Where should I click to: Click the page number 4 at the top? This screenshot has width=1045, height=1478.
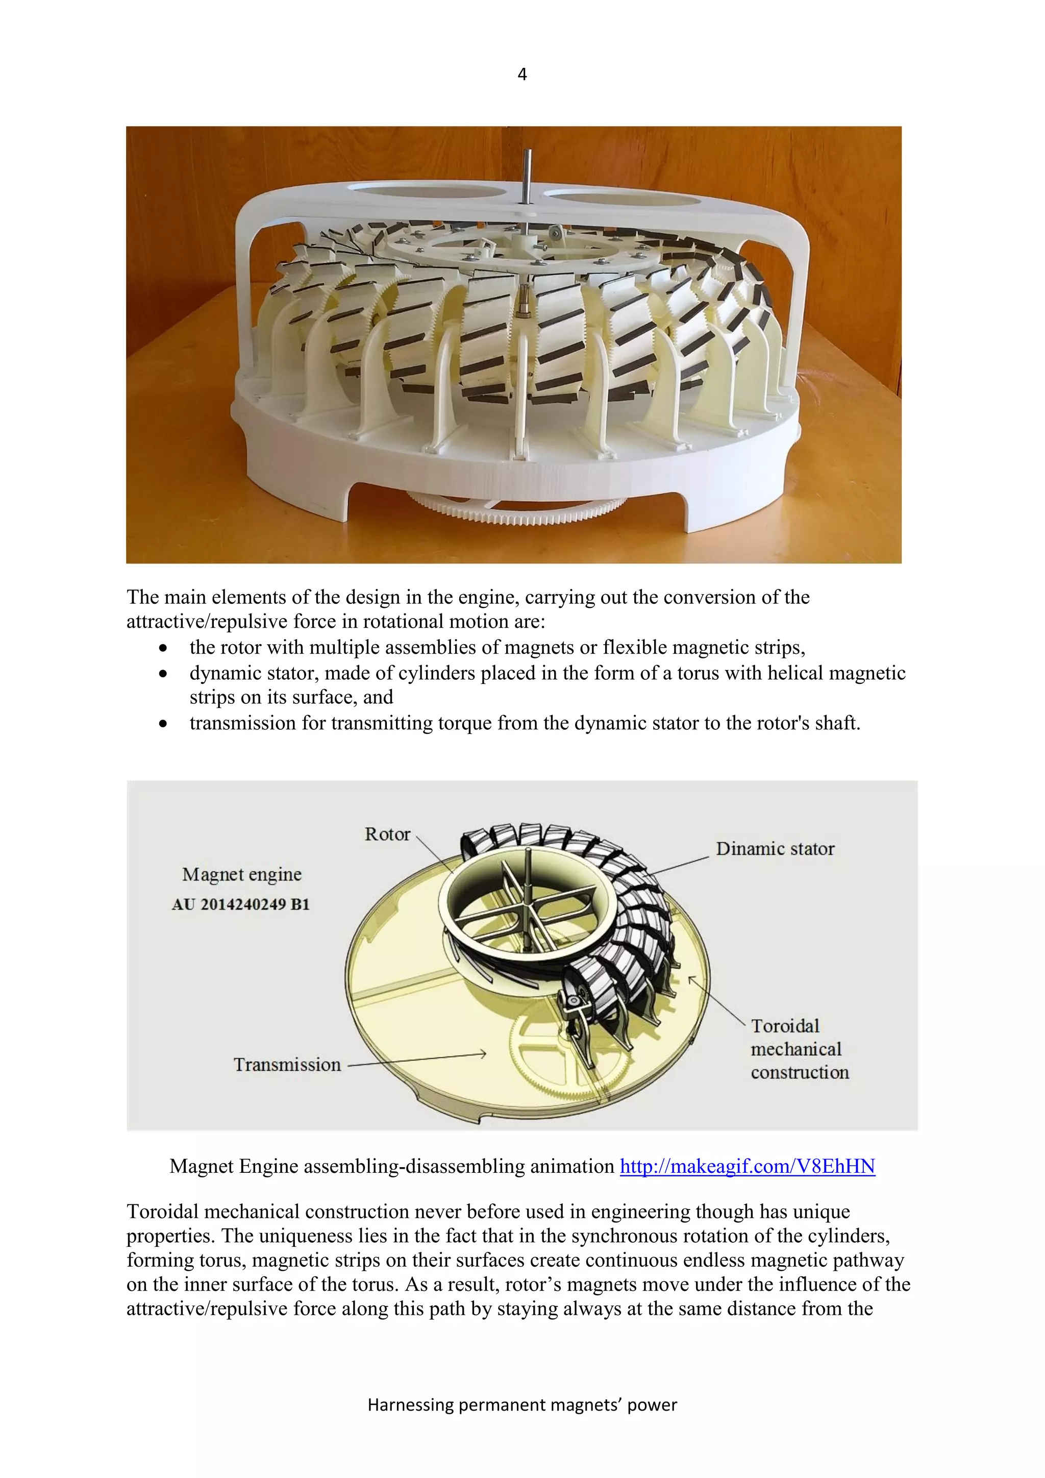tap(522, 75)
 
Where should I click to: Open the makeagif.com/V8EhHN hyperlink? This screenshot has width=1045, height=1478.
tap(747, 1166)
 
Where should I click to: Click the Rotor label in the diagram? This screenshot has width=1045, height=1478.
tap(387, 834)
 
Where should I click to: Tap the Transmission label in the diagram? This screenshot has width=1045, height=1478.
tap(287, 1065)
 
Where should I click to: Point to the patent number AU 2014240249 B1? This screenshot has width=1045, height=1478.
tap(241, 904)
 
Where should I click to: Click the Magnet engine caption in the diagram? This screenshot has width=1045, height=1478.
tap(242, 874)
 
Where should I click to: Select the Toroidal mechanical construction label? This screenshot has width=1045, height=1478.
tap(799, 1049)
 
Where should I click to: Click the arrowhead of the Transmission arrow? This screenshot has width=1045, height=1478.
tap(483, 1054)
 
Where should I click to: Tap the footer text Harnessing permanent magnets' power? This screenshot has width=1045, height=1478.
tap(522, 1405)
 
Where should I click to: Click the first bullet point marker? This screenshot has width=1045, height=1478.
tap(164, 648)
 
